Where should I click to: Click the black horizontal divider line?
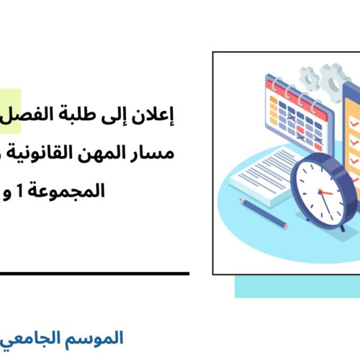point(94,274)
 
